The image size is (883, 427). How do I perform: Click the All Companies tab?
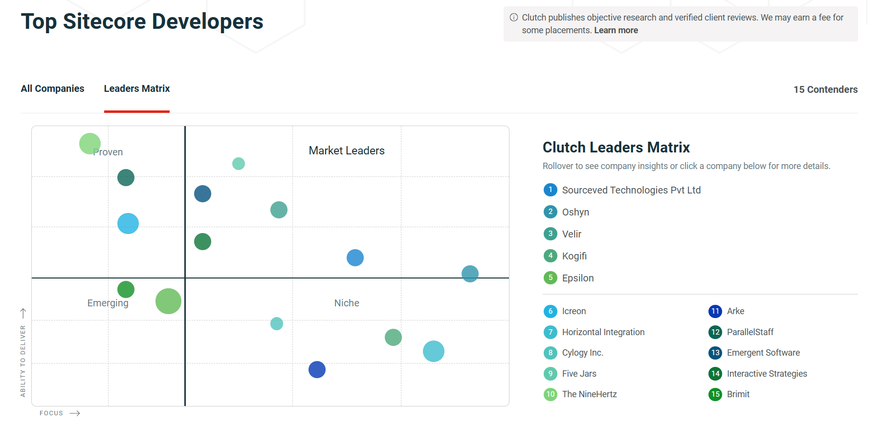pos(52,88)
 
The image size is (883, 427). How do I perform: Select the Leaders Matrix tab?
pos(137,88)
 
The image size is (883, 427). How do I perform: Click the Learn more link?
pos(616,30)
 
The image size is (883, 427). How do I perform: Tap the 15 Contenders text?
pos(825,89)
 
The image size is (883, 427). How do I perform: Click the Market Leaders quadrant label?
pos(347,150)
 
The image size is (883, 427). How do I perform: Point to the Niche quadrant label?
pos(347,303)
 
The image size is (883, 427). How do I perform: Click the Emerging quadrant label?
pos(108,303)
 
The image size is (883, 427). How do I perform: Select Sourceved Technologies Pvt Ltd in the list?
pos(631,190)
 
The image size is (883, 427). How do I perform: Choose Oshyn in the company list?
pos(575,212)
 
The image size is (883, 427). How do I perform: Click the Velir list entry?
pos(572,234)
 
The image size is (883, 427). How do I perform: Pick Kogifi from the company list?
pos(574,256)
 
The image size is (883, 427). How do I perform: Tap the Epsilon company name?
pos(577,278)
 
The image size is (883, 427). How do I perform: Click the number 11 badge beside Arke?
pos(715,311)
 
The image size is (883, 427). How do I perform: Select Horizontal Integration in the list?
pos(603,332)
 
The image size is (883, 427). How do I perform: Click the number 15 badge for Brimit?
pos(715,394)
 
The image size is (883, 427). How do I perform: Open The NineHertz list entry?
pos(589,394)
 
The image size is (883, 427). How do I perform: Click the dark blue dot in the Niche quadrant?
pos(317,370)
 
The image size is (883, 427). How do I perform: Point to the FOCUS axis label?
pos(51,413)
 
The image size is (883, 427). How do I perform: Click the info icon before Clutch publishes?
pos(514,18)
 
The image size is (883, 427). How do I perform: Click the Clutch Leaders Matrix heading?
pos(616,147)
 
